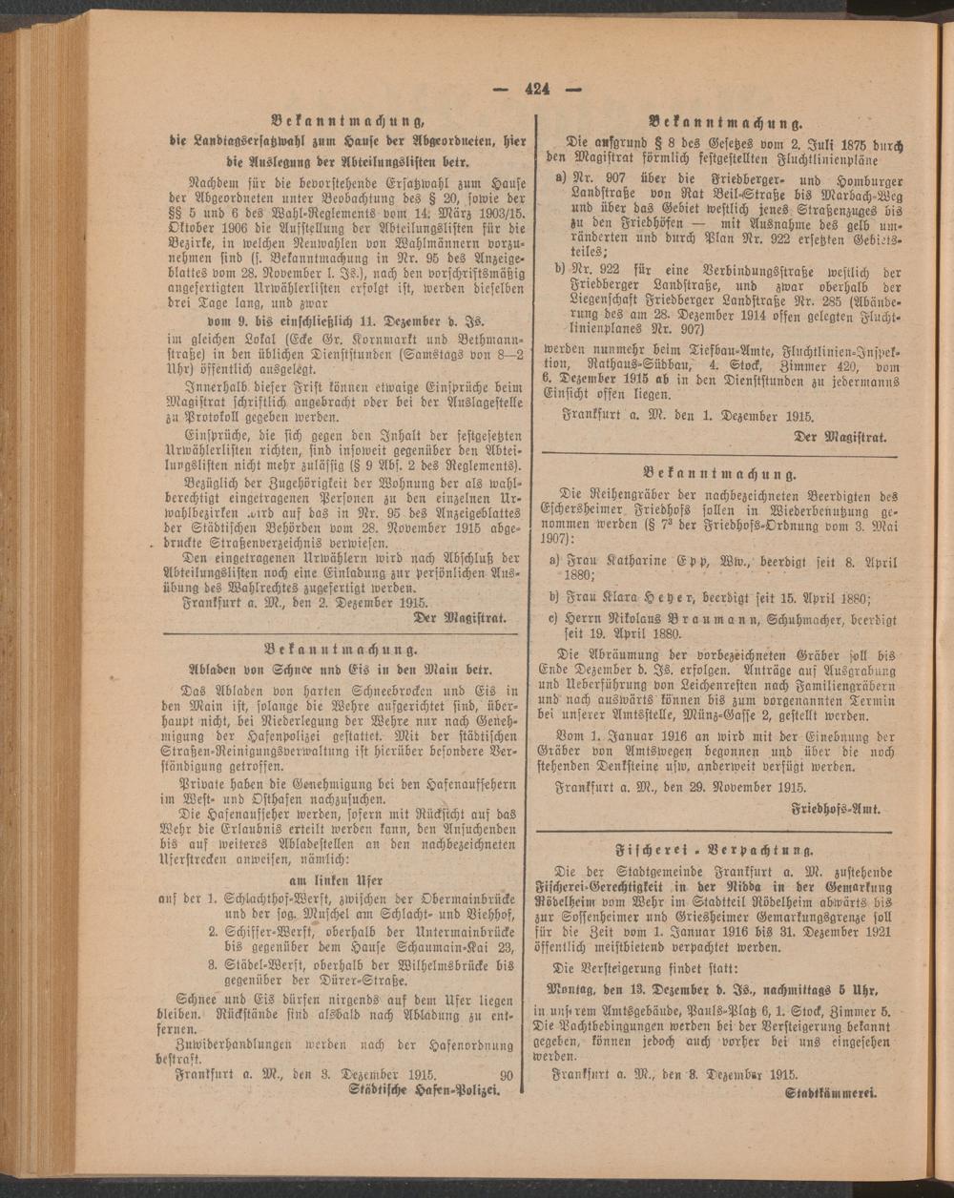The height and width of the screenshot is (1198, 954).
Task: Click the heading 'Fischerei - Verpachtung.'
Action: pyautogui.click(x=717, y=847)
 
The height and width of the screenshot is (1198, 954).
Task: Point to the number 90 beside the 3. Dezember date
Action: pyautogui.click(x=507, y=1074)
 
